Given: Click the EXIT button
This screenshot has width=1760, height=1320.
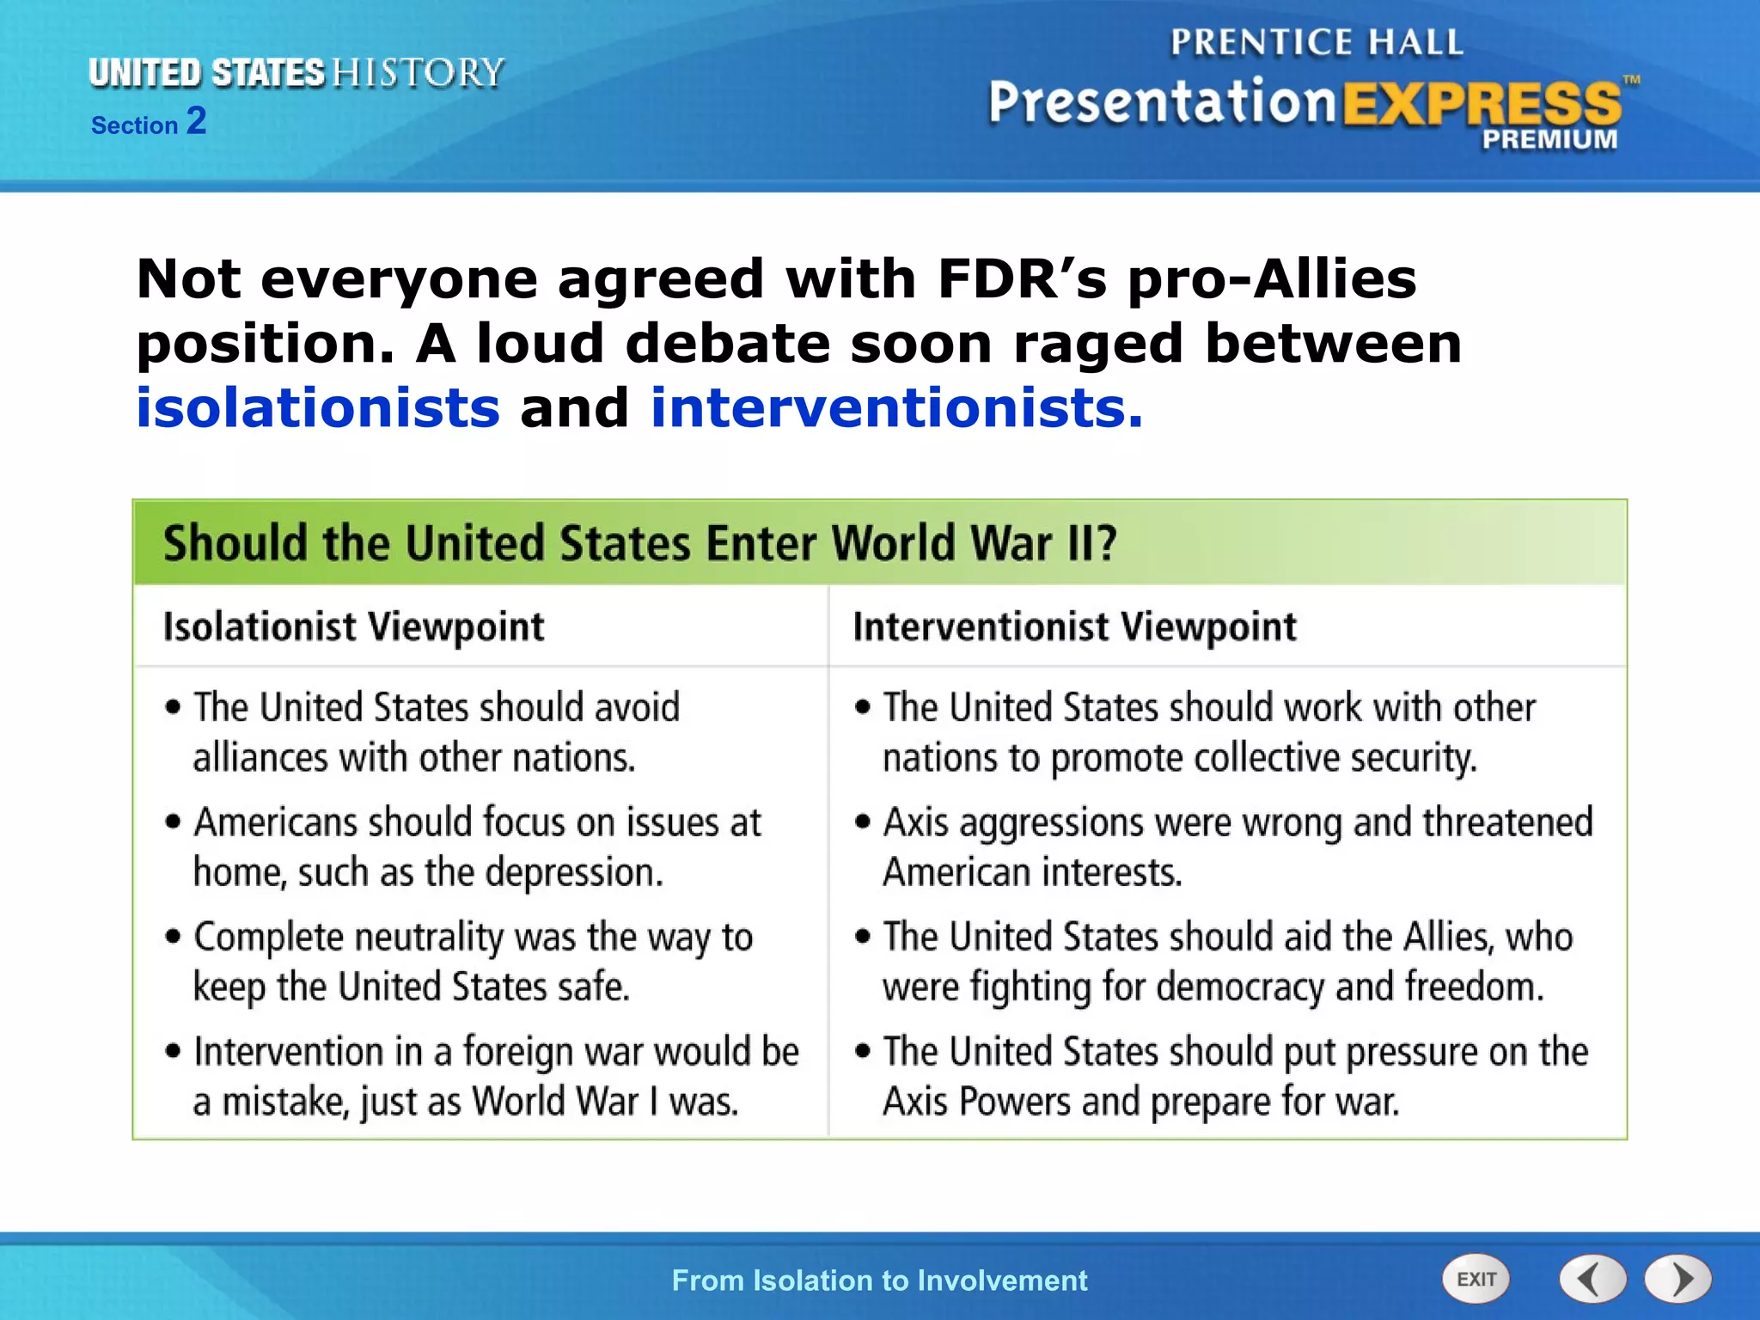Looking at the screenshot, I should (x=1476, y=1279).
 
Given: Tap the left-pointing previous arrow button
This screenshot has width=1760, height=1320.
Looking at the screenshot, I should (x=1592, y=1279).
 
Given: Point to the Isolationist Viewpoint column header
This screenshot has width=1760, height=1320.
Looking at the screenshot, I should (x=353, y=626).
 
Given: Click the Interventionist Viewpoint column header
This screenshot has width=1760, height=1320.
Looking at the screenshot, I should (x=1074, y=626).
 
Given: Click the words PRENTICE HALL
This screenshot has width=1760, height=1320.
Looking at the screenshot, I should (x=1316, y=42).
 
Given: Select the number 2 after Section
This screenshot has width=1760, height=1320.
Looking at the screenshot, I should (x=197, y=121).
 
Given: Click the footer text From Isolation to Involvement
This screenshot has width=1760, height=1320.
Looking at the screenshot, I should (x=879, y=1280).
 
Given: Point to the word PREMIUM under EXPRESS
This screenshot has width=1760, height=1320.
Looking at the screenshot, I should (x=1549, y=139).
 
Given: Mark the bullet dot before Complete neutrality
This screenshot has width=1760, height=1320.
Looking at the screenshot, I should (x=174, y=937).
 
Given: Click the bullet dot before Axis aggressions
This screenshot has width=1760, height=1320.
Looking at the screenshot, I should (x=863, y=822).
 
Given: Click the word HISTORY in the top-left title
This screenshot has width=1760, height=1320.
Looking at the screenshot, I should (x=418, y=73).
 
